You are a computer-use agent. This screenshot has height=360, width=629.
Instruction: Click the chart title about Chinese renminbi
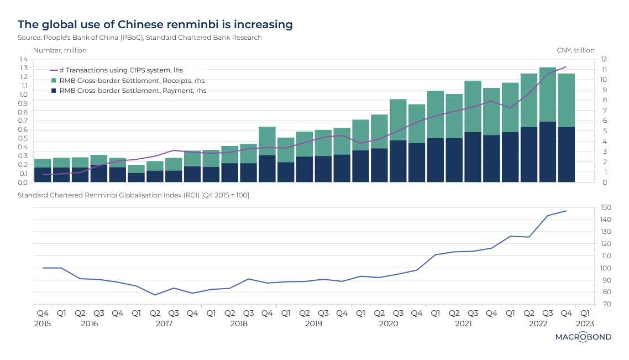(x=155, y=24)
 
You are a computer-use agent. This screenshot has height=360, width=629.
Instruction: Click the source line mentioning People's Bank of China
(x=140, y=38)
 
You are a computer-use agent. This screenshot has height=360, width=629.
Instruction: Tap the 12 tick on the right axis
(x=604, y=59)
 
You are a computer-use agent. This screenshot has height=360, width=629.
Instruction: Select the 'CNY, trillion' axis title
(x=576, y=50)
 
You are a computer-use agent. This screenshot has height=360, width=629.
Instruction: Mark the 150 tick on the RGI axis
(x=606, y=207)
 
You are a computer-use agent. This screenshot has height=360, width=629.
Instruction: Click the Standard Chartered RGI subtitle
(x=133, y=195)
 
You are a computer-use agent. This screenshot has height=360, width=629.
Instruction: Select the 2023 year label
(x=585, y=323)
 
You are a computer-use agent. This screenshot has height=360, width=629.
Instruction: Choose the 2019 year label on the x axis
(x=314, y=323)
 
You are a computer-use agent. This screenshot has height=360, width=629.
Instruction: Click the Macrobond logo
(x=583, y=337)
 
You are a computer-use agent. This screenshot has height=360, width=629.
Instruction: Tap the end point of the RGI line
(x=566, y=211)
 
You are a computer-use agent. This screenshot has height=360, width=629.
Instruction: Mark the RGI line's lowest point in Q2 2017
(x=155, y=295)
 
